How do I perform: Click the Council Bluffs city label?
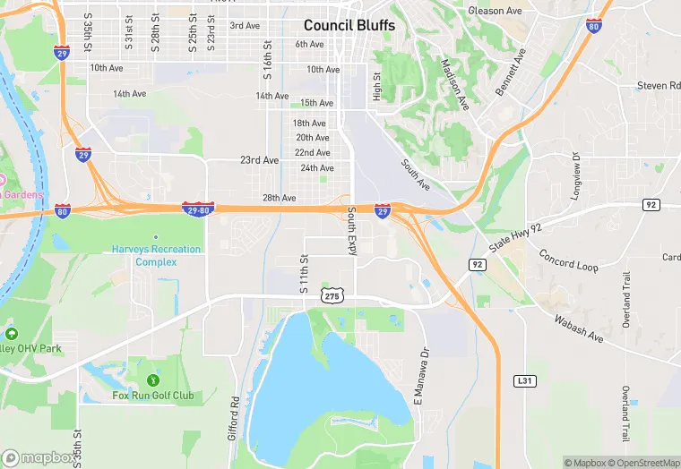tap(349, 25)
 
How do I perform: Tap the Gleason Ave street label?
tap(495, 11)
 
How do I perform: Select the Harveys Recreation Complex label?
tap(156, 255)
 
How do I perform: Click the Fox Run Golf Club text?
tap(152, 395)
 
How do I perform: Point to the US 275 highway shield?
tap(332, 295)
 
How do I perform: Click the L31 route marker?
tap(525, 381)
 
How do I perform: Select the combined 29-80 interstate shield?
tap(196, 208)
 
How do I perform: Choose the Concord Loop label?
tap(568, 260)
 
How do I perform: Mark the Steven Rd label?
tap(658, 86)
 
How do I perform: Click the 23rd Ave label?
tap(260, 160)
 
